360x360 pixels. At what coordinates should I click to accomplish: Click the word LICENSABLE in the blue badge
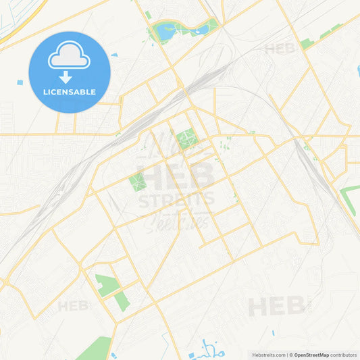[70, 92]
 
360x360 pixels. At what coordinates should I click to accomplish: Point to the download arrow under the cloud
[66, 76]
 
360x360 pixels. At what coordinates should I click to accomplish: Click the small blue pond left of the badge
[20, 82]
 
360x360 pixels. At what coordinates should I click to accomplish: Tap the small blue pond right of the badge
[114, 53]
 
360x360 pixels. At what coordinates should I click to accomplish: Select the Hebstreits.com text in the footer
[268, 355]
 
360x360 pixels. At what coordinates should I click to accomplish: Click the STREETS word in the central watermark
[176, 199]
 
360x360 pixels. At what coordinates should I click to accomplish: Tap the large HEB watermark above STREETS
[176, 177]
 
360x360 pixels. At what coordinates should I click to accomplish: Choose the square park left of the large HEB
[137, 181]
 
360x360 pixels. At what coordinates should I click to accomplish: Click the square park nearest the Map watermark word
[185, 138]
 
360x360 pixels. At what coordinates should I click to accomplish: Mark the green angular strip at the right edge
[349, 200]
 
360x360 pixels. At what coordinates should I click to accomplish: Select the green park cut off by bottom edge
[95, 349]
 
